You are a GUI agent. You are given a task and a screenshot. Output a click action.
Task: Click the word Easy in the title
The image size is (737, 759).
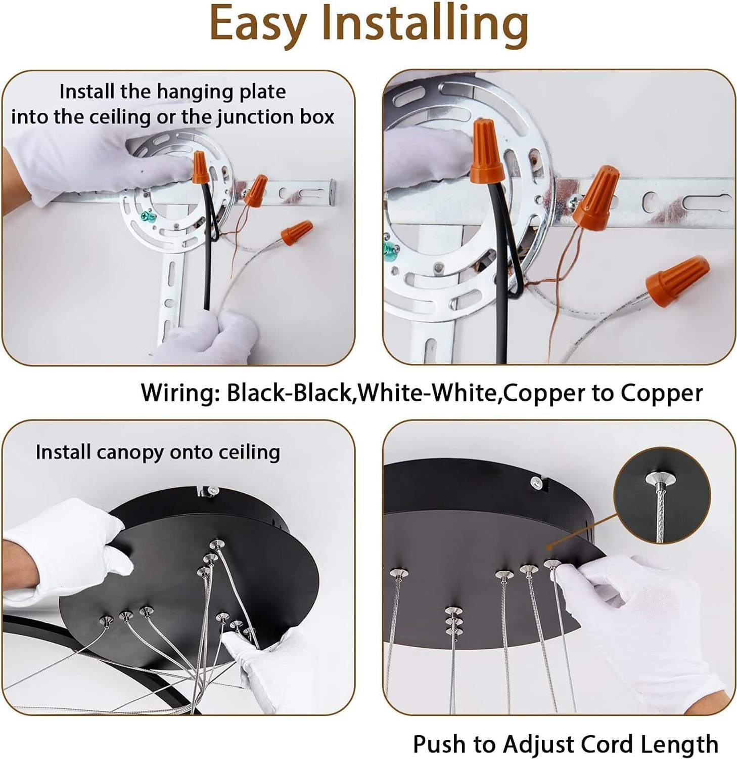point(258,23)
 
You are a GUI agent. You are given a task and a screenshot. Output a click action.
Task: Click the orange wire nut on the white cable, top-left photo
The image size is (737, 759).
point(297,232)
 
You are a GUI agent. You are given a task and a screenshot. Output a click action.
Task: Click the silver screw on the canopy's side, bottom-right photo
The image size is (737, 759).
point(537,483)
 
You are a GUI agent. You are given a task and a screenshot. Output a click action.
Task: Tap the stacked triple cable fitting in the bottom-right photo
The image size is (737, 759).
point(453,620)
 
